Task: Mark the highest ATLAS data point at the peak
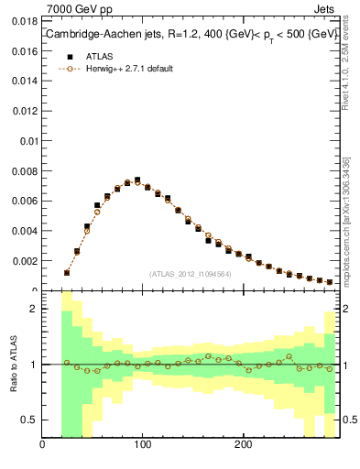tap(137, 180)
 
